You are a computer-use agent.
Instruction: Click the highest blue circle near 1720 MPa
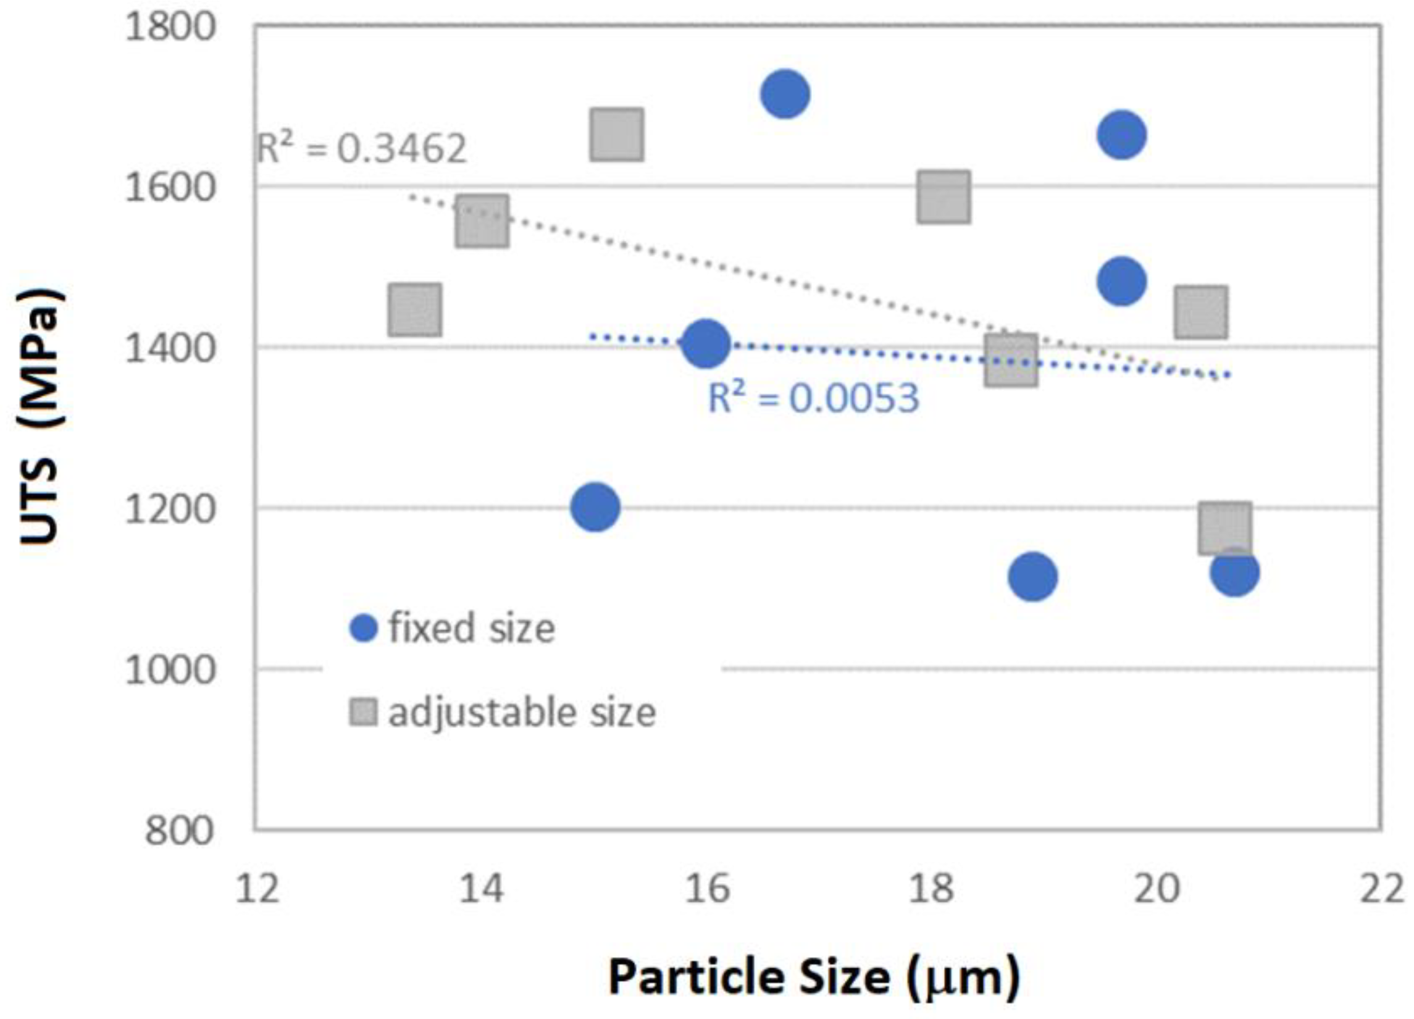pyautogui.click(x=785, y=94)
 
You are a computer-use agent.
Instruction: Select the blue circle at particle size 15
pyautogui.click(x=595, y=507)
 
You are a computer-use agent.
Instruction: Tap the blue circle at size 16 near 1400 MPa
pyautogui.click(x=706, y=343)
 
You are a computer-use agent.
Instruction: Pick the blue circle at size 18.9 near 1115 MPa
pyautogui.click(x=1032, y=577)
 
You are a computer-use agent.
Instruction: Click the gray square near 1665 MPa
pyautogui.click(x=617, y=135)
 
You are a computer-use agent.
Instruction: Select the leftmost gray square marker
pyautogui.click(x=415, y=310)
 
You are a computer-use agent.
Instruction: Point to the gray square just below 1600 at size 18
pyautogui.click(x=944, y=197)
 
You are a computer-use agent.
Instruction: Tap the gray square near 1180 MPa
pyautogui.click(x=1224, y=528)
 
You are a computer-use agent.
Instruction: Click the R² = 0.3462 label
pyautogui.click(x=362, y=149)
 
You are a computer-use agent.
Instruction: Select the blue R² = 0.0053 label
pyautogui.click(x=814, y=398)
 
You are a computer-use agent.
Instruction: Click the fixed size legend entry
pyautogui.click(x=453, y=628)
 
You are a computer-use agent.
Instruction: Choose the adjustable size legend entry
pyautogui.click(x=503, y=712)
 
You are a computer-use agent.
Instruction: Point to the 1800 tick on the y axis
pyautogui.click(x=170, y=28)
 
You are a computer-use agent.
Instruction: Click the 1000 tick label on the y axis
pyautogui.click(x=170, y=671)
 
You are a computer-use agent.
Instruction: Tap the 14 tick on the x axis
pyautogui.click(x=480, y=889)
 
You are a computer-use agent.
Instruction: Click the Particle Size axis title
pyautogui.click(x=814, y=977)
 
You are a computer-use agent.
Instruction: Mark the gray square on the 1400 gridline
pyautogui.click(x=1011, y=360)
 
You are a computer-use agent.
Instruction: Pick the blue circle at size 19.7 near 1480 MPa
pyautogui.click(x=1121, y=281)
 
